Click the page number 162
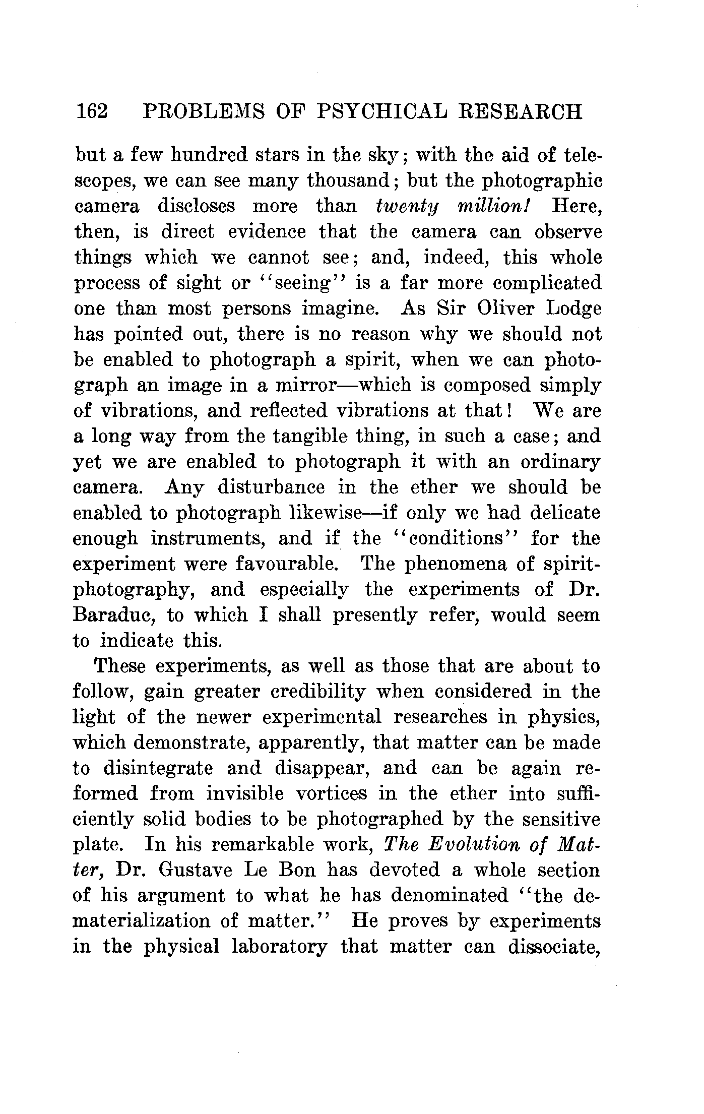coord(91,111)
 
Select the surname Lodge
coord(574,308)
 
